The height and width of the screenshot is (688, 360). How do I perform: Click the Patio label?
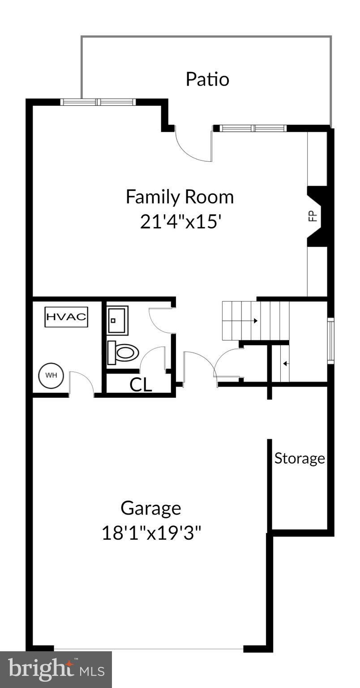coord(207,79)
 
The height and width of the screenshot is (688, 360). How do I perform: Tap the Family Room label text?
coord(180,197)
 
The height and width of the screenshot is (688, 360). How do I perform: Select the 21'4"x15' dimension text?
coord(181,222)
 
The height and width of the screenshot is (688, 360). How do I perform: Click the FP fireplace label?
coord(313,216)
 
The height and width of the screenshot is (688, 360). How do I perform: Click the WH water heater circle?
coord(51,375)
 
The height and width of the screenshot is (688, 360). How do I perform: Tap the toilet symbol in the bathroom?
coord(122,353)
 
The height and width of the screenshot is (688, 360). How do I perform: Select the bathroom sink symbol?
coord(118,320)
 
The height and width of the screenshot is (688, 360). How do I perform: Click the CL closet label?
coord(141,384)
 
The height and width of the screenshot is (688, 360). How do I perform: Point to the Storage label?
coord(300,458)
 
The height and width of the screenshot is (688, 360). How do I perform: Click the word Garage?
coord(151,508)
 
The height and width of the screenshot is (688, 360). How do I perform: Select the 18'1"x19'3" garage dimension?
coord(151,533)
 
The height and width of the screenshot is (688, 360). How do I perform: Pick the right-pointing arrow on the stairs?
coord(255,321)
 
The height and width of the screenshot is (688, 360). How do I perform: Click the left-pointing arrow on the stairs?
coord(285,364)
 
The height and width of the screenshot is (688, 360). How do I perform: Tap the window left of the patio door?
coord(98,102)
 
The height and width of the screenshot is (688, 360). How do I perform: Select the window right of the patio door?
coord(253,129)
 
